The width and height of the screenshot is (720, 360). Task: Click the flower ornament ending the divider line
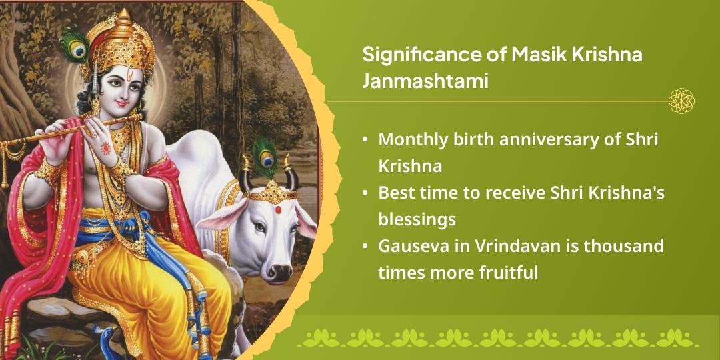point(681,101)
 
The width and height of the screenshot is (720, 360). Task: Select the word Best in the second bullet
point(397,193)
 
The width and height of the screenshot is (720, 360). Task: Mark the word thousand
point(624,246)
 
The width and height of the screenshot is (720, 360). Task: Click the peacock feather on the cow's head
point(265,155)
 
